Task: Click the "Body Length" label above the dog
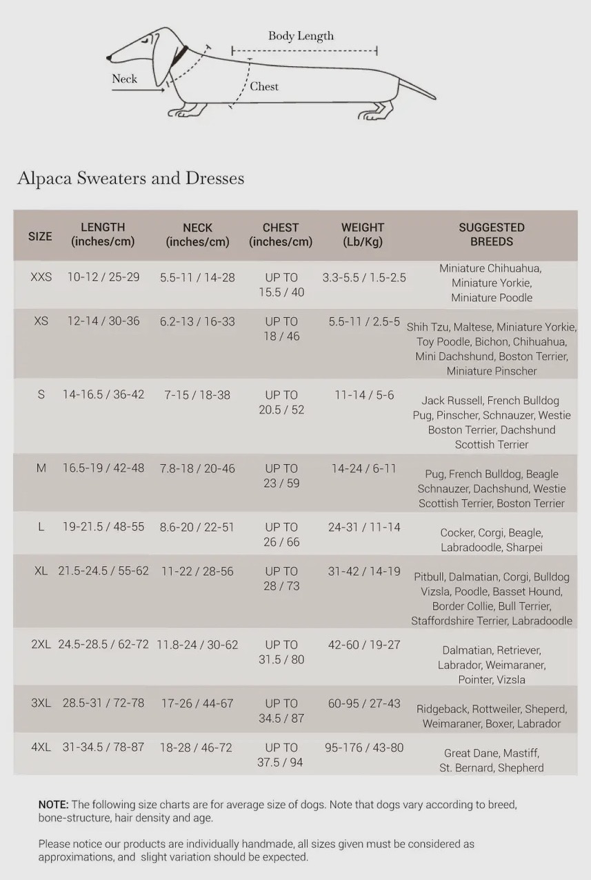(301, 36)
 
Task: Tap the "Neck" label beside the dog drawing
(124, 79)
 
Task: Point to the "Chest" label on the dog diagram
(264, 86)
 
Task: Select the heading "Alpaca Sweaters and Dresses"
(130, 178)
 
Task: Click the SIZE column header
(40, 236)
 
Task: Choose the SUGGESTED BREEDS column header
(492, 234)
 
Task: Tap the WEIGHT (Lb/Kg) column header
(363, 234)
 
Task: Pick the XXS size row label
(41, 277)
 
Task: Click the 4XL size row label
(41, 748)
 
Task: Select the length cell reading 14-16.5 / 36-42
(103, 394)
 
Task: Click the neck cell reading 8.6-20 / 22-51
(197, 527)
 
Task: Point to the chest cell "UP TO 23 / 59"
(281, 476)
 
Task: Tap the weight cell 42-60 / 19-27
(364, 645)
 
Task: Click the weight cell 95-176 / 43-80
(364, 748)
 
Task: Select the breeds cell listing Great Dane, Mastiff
(492, 761)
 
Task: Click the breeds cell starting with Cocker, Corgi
(492, 540)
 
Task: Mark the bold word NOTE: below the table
(53, 805)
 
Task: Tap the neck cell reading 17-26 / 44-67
(197, 703)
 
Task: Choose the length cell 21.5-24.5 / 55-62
(103, 571)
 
